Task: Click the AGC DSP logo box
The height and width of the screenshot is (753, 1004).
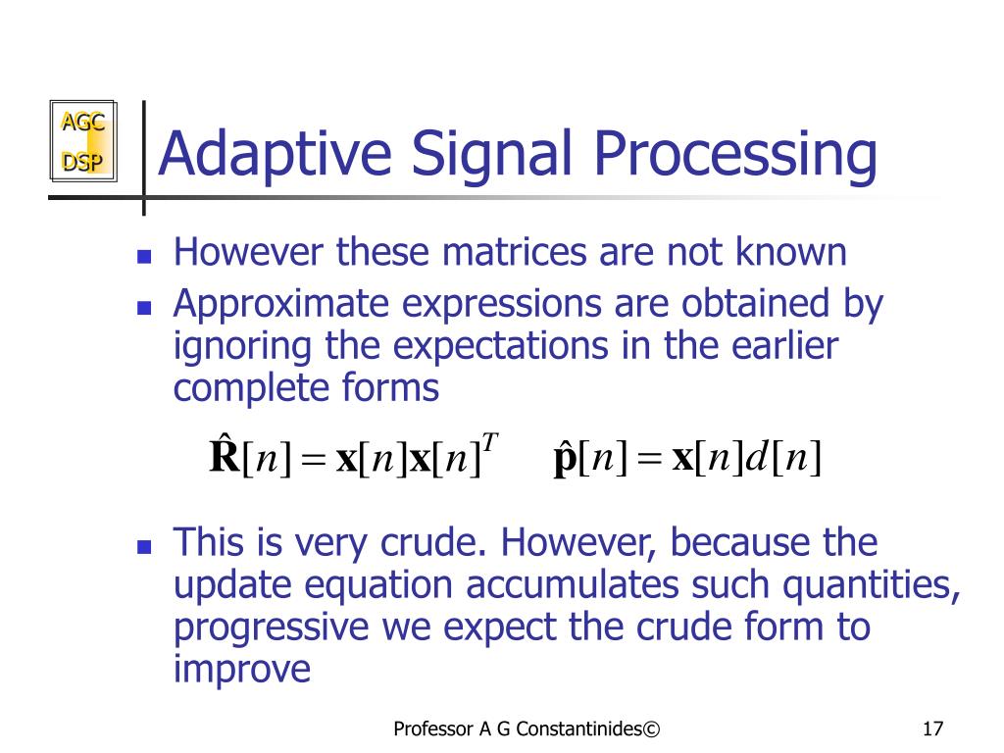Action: [x=83, y=142]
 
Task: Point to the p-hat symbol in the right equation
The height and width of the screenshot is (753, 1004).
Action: [x=565, y=459]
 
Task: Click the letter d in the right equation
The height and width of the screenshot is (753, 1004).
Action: [x=756, y=457]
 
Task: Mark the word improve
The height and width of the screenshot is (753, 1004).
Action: [x=241, y=670]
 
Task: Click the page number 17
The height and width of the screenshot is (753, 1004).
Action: [x=932, y=729]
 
